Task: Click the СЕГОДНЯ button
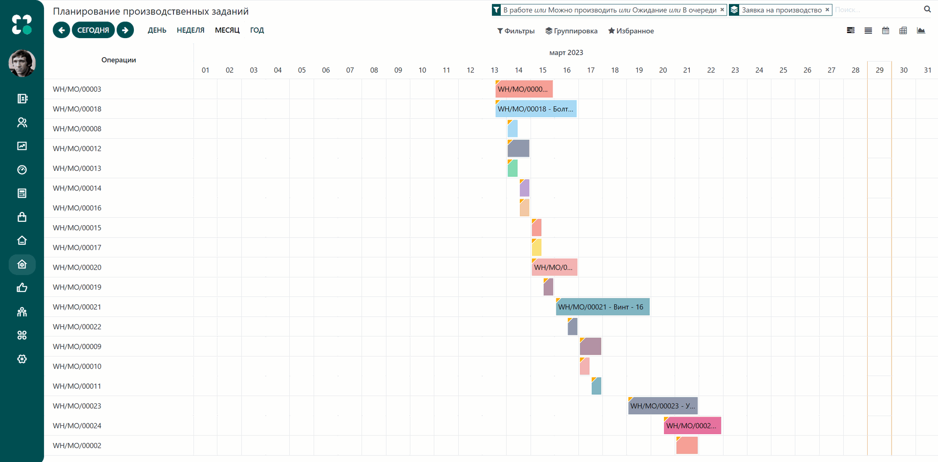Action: (x=93, y=30)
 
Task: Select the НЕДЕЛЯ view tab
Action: (x=191, y=30)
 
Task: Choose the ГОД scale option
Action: (x=257, y=30)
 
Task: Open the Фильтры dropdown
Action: (x=516, y=31)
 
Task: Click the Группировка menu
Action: (x=572, y=31)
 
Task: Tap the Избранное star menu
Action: (x=631, y=31)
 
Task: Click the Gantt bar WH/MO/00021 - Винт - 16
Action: (x=602, y=307)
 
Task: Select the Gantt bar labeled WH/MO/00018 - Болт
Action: (x=536, y=109)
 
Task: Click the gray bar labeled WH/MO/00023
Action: (x=662, y=406)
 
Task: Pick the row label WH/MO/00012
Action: (x=77, y=148)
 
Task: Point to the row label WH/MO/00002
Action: (x=77, y=445)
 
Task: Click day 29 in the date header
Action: (x=879, y=70)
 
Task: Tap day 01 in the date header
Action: (x=206, y=70)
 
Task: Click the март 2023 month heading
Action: (x=566, y=53)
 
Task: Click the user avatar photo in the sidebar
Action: (x=22, y=63)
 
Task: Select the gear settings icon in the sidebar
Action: (x=22, y=359)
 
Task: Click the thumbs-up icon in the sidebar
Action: (x=22, y=288)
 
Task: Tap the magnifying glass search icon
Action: (x=927, y=9)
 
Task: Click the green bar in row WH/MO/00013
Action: (x=512, y=168)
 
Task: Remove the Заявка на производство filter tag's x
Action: (x=827, y=10)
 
